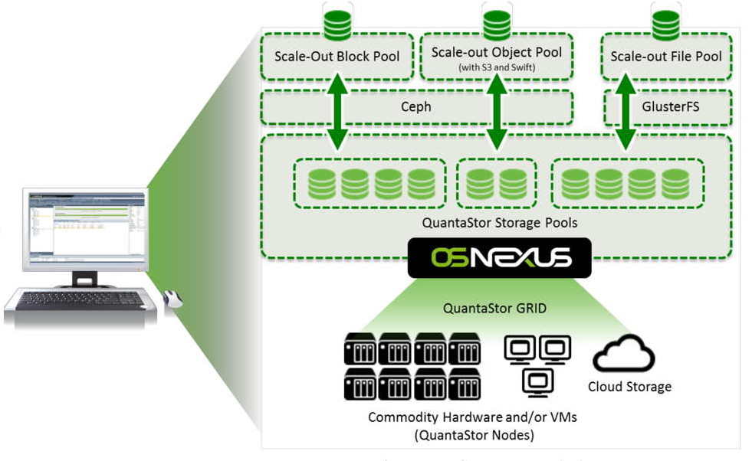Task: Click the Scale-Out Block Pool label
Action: pyautogui.click(x=337, y=56)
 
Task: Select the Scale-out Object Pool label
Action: pyautogui.click(x=496, y=52)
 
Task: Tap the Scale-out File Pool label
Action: pyautogui.click(x=666, y=56)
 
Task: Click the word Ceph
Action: pyautogui.click(x=416, y=107)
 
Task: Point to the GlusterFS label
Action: pyautogui.click(x=670, y=107)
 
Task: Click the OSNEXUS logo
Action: pyautogui.click(x=499, y=258)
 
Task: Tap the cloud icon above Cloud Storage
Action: pyautogui.click(x=624, y=353)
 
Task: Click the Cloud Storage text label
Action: pyautogui.click(x=629, y=387)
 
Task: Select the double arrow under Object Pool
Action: pyautogui.click(x=497, y=111)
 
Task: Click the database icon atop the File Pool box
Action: pyautogui.click(x=665, y=23)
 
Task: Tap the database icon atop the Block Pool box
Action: pyautogui.click(x=337, y=23)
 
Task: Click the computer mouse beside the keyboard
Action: pyautogui.click(x=172, y=299)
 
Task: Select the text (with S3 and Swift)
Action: pyautogui.click(x=496, y=67)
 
